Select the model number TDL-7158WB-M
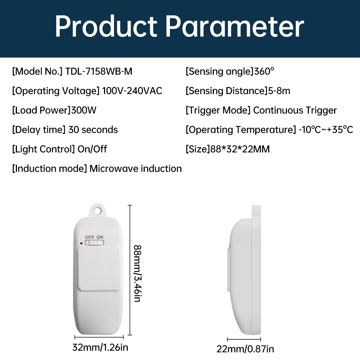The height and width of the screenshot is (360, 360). click(x=99, y=71)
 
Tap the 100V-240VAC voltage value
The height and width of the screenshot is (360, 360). click(x=132, y=91)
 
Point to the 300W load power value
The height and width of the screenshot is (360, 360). click(x=84, y=110)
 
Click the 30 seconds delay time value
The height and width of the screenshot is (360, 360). click(x=93, y=130)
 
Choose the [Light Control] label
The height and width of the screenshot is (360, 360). click(x=44, y=149)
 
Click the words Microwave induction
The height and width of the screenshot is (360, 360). click(x=135, y=168)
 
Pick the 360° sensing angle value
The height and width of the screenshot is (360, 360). click(x=264, y=71)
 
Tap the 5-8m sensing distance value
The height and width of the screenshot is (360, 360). click(x=279, y=91)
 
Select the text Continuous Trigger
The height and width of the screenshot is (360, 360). click(x=295, y=111)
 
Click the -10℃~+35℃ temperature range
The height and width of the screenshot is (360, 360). click(x=325, y=130)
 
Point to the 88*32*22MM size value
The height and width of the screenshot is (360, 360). click(x=240, y=149)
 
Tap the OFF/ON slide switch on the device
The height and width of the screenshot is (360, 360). click(x=94, y=243)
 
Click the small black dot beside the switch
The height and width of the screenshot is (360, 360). click(x=81, y=243)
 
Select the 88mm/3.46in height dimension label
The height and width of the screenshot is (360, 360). click(x=138, y=273)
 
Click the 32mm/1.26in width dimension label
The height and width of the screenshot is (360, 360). click(x=100, y=347)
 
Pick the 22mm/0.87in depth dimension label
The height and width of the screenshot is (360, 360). click(x=245, y=349)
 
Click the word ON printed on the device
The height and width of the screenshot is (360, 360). click(x=100, y=237)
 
